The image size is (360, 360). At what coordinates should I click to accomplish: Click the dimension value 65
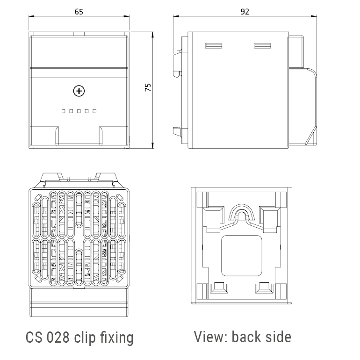click(x=79, y=12)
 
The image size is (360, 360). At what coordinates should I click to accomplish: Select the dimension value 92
click(x=244, y=12)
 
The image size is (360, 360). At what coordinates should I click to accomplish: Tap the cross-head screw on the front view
click(x=79, y=90)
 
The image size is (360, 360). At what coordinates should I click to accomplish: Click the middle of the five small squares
click(x=79, y=111)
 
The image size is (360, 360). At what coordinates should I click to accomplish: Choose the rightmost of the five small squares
click(x=94, y=111)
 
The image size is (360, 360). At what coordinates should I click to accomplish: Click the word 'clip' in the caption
click(x=85, y=338)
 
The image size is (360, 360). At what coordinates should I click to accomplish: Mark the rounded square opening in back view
click(x=241, y=255)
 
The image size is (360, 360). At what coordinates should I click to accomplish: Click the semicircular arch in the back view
click(x=241, y=213)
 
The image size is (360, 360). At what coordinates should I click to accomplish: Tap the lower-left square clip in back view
click(x=217, y=288)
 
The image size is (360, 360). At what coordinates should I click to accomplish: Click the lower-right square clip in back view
click(x=263, y=288)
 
